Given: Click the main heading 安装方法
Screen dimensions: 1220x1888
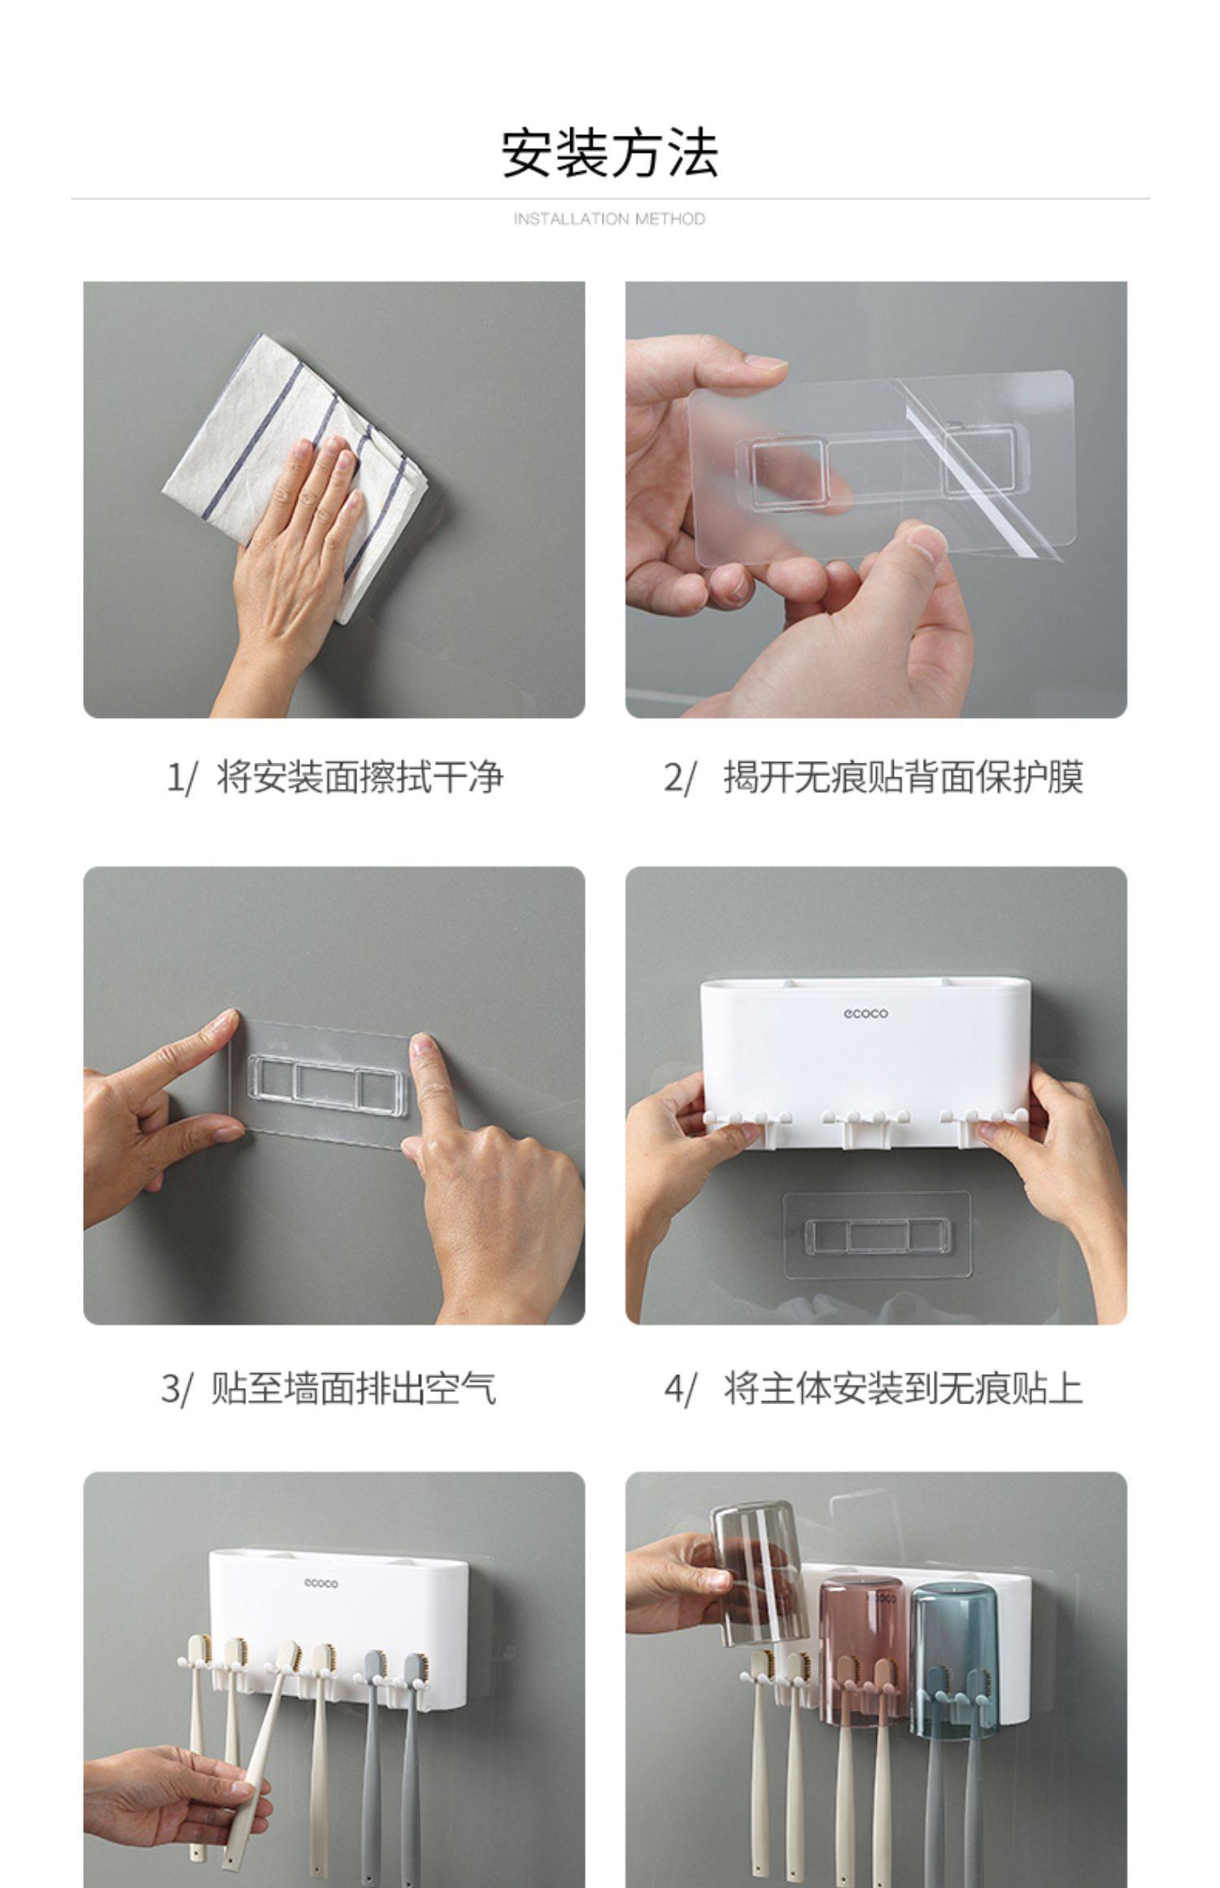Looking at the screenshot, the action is [609, 153].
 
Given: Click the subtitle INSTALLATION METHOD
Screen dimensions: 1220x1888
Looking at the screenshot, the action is [609, 219].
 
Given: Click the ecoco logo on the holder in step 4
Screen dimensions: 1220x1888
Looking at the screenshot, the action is [865, 1013].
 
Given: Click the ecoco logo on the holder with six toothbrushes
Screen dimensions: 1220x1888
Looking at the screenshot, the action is [320, 1583].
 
